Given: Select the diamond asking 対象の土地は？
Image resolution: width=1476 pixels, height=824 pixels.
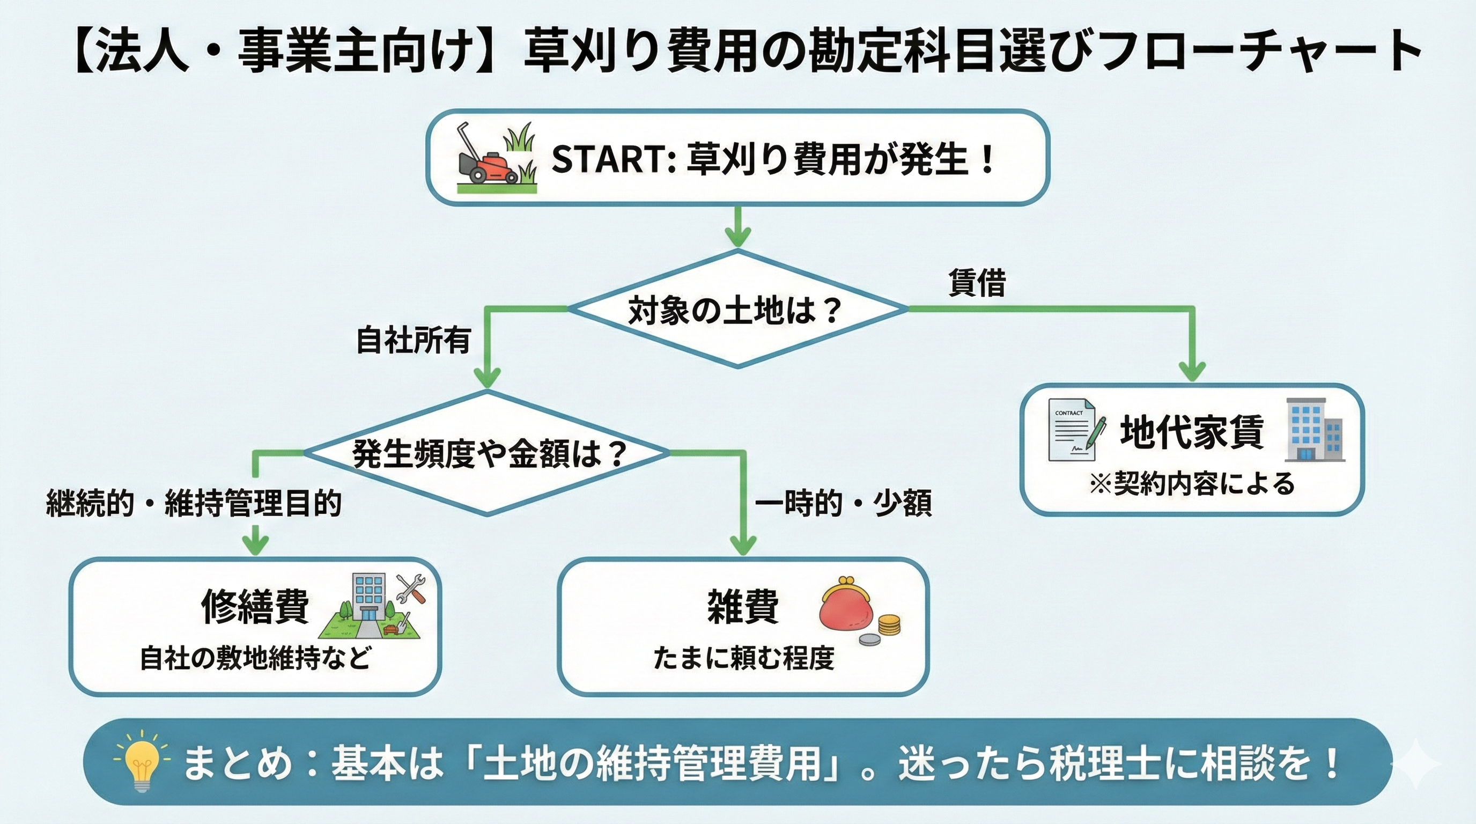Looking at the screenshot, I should [737, 309].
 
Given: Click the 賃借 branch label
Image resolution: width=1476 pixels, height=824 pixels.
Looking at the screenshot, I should [977, 283].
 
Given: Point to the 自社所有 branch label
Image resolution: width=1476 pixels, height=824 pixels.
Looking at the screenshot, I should [413, 340].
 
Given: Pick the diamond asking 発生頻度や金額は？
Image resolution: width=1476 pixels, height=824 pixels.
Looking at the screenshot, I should [487, 453].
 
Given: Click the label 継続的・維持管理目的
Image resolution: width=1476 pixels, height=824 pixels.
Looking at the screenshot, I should [194, 504].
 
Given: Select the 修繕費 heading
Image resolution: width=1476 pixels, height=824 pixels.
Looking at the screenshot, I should [255, 606].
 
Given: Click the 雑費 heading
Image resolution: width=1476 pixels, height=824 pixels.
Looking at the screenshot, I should [743, 606].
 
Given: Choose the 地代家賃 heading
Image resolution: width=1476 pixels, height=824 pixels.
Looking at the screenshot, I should [1192, 431].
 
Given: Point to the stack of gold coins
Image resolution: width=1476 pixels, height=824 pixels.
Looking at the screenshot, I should [889, 624].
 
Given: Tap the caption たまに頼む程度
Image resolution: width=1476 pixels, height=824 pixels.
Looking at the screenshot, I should [743, 658].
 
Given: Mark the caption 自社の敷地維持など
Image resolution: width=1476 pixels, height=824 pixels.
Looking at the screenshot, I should [255, 658].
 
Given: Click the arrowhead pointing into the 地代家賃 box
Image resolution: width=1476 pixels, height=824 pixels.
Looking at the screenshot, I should [1193, 372].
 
